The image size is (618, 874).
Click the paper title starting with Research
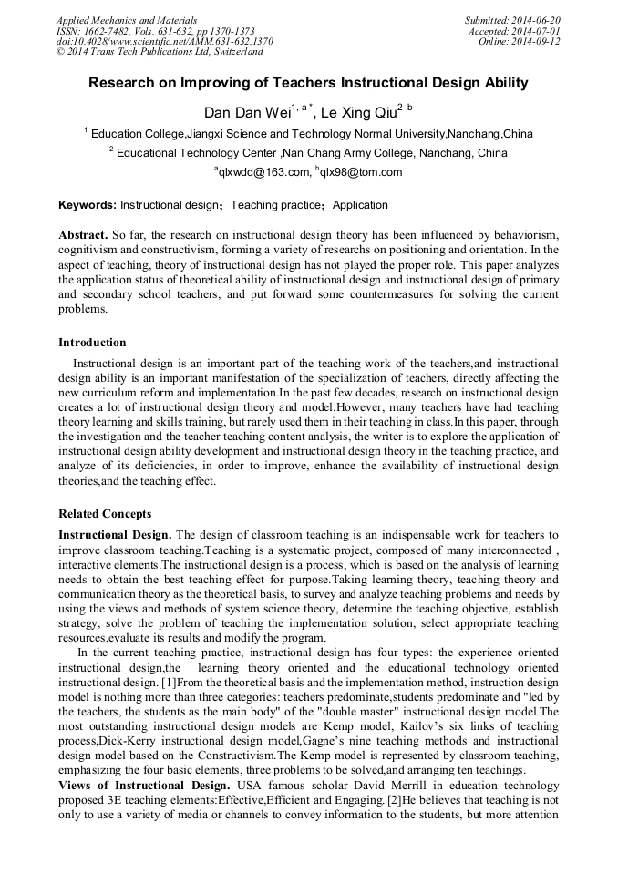(308, 83)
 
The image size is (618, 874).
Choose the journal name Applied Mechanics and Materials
(127, 20)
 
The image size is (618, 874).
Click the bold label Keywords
(88, 205)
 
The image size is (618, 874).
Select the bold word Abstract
(83, 235)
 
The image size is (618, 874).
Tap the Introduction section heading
(92, 343)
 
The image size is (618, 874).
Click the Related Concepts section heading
(105, 514)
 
